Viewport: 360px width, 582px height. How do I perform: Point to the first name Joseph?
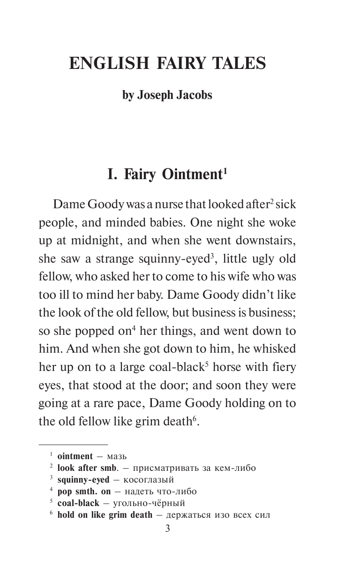[154, 95]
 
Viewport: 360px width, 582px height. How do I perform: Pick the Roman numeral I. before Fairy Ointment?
[113, 174]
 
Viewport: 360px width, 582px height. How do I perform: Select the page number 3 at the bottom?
[167, 529]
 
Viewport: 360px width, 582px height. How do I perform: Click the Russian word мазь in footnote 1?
[117, 456]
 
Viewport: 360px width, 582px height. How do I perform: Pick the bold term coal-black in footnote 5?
[78, 503]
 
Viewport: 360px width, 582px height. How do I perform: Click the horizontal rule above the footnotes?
[73, 444]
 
